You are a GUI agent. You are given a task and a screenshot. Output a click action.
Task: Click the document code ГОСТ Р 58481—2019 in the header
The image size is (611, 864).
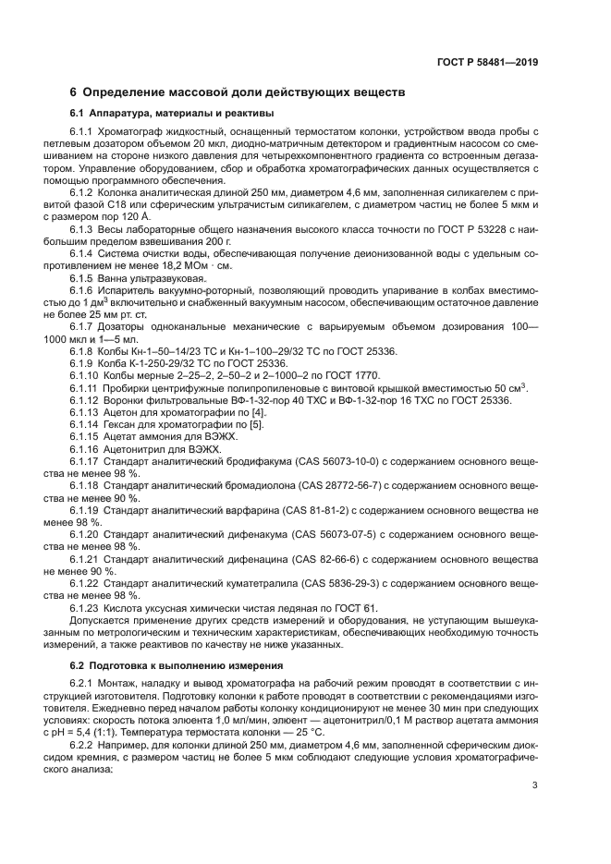(487, 63)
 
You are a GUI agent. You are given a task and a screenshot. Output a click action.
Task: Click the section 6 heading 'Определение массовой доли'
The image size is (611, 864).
(238, 93)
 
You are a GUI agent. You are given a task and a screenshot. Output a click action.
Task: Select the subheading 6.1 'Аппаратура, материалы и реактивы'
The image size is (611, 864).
(172, 114)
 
